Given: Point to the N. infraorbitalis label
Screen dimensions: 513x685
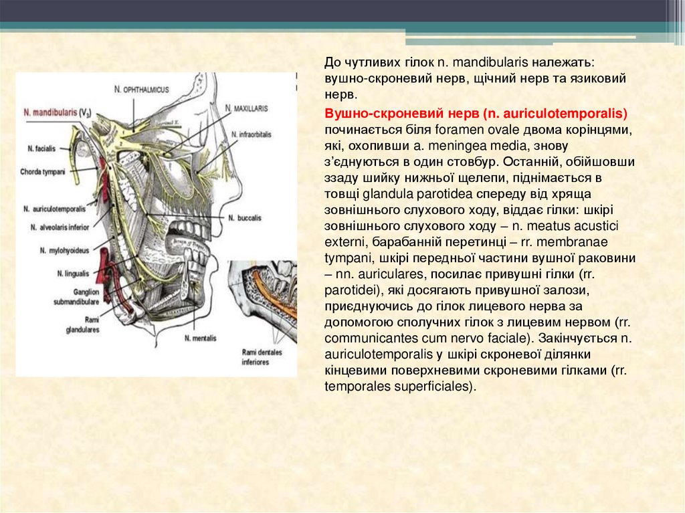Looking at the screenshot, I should click(x=250, y=134).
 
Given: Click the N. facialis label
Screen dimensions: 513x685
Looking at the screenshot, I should click(x=41, y=146).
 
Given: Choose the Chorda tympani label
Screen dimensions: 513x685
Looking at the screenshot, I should click(x=43, y=171).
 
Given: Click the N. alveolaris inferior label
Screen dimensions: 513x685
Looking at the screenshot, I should click(x=56, y=227).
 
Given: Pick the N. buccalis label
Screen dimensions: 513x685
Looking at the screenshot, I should click(x=244, y=218).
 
